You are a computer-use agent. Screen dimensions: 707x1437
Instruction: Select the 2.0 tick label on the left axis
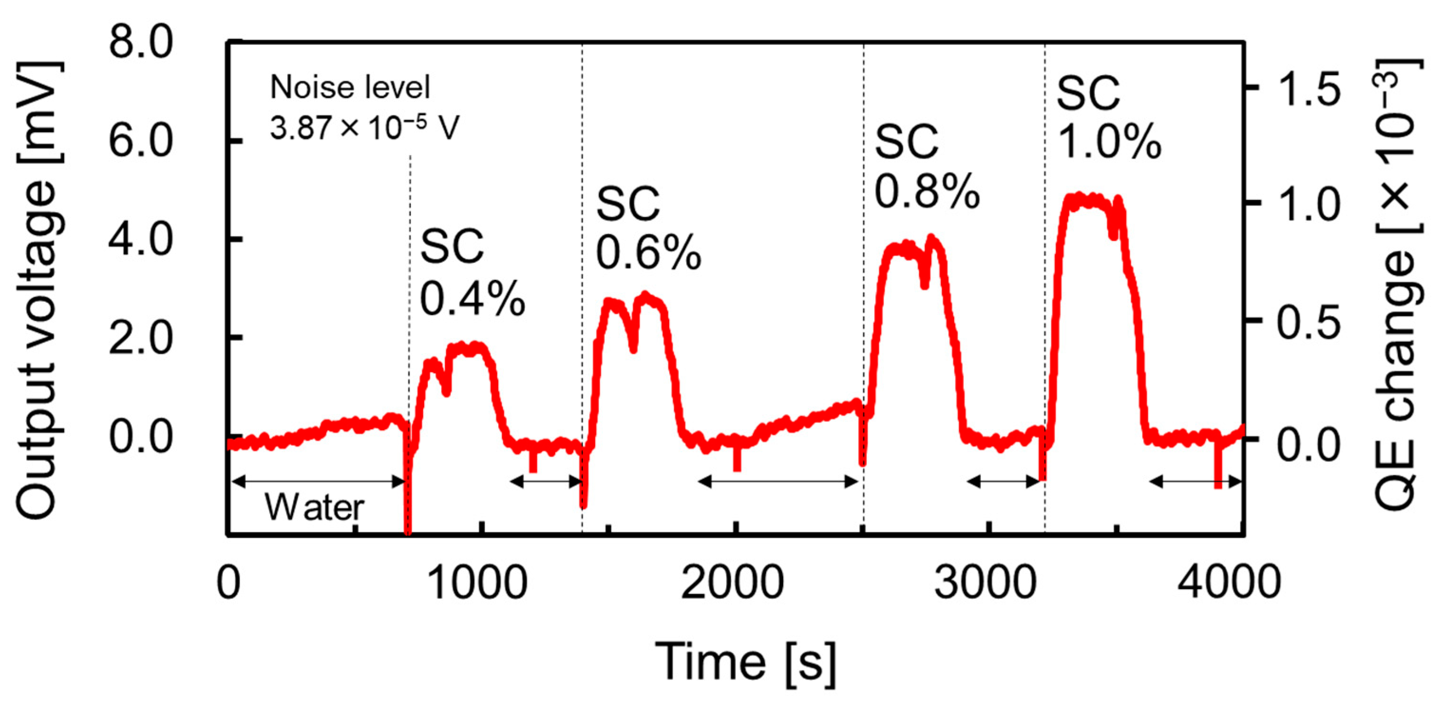[x=141, y=338]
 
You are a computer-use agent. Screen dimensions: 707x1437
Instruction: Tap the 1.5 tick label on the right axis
[x=1308, y=89]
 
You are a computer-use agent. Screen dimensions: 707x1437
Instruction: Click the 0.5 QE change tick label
[x=1308, y=323]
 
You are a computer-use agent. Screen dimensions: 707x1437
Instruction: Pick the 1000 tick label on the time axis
[x=479, y=583]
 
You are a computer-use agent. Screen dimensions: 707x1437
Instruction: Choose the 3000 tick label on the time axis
[x=986, y=583]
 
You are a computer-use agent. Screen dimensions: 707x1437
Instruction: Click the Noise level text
[x=350, y=87]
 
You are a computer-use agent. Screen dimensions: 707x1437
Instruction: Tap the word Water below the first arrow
[x=314, y=508]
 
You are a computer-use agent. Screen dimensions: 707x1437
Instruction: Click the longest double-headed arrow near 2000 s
[x=778, y=481]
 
